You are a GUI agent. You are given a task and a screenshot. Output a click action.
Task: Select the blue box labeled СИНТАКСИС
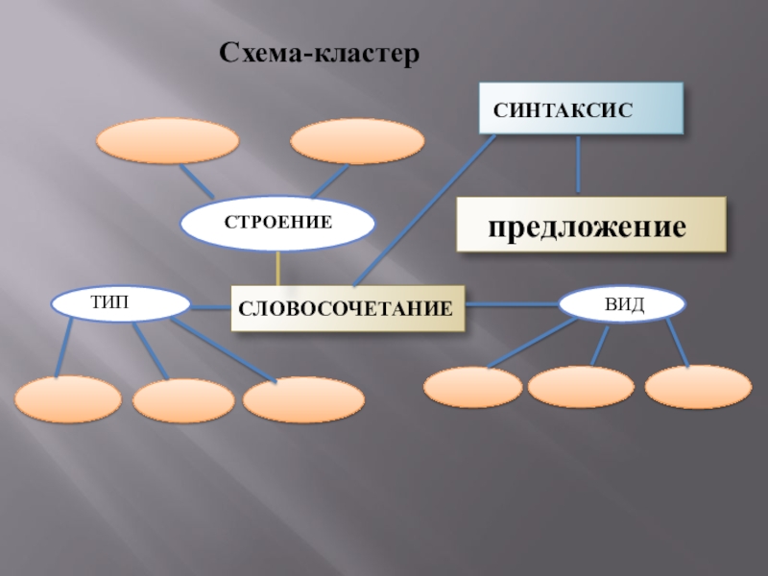581,108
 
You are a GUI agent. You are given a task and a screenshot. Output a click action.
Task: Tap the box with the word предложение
590,226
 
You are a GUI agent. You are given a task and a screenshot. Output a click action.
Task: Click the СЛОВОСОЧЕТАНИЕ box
347,309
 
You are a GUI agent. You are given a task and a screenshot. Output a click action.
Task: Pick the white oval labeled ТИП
119,303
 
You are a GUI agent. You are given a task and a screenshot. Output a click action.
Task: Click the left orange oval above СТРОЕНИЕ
167,142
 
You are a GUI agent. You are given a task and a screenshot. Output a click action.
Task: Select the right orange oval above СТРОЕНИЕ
356,142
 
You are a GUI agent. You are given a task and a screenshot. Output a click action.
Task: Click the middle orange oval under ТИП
182,401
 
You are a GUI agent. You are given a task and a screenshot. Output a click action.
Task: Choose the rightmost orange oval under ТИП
303,400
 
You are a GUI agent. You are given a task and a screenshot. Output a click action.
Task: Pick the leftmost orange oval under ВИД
473,388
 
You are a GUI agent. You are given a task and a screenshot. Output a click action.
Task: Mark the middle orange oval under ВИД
581,387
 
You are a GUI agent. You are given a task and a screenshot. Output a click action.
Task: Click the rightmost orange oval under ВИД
698,387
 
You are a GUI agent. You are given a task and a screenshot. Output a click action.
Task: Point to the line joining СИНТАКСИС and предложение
578,165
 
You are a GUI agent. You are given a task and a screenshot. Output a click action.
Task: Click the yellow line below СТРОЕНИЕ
278,268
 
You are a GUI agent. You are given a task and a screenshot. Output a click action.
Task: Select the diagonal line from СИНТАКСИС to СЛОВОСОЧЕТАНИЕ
422,211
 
